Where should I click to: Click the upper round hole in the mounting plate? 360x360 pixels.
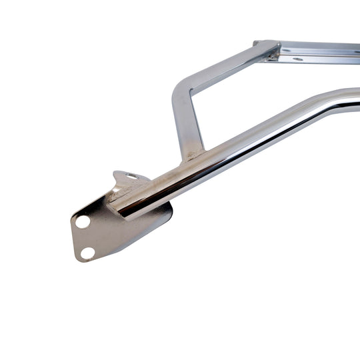[83, 221]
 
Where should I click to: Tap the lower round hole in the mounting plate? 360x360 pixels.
[87, 253]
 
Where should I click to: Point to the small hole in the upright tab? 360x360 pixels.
[131, 177]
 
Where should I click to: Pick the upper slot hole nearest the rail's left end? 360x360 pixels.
[287, 50]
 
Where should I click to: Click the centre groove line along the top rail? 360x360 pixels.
[320, 53]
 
